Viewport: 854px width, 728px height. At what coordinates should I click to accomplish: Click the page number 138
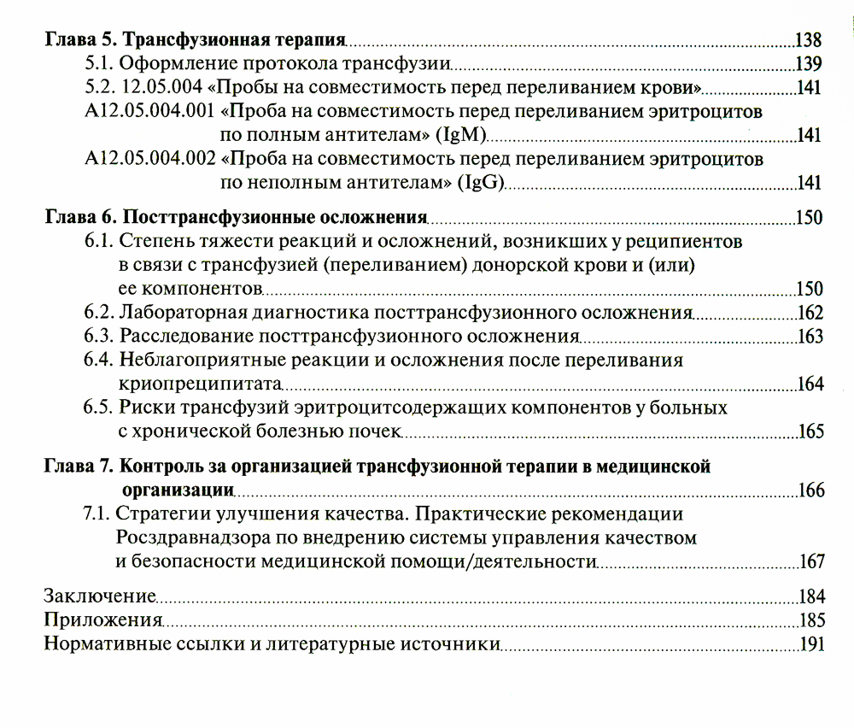(x=807, y=40)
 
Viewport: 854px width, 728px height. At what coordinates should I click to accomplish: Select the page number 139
(x=808, y=64)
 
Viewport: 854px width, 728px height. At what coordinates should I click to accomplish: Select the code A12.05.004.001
(x=150, y=111)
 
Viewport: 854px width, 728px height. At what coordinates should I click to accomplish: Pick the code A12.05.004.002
(x=150, y=159)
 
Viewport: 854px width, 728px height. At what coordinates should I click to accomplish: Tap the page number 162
(x=810, y=313)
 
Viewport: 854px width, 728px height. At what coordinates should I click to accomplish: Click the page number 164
(x=810, y=384)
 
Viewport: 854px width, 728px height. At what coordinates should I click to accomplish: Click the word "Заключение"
(x=99, y=596)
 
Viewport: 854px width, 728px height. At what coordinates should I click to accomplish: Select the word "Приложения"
(x=103, y=619)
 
